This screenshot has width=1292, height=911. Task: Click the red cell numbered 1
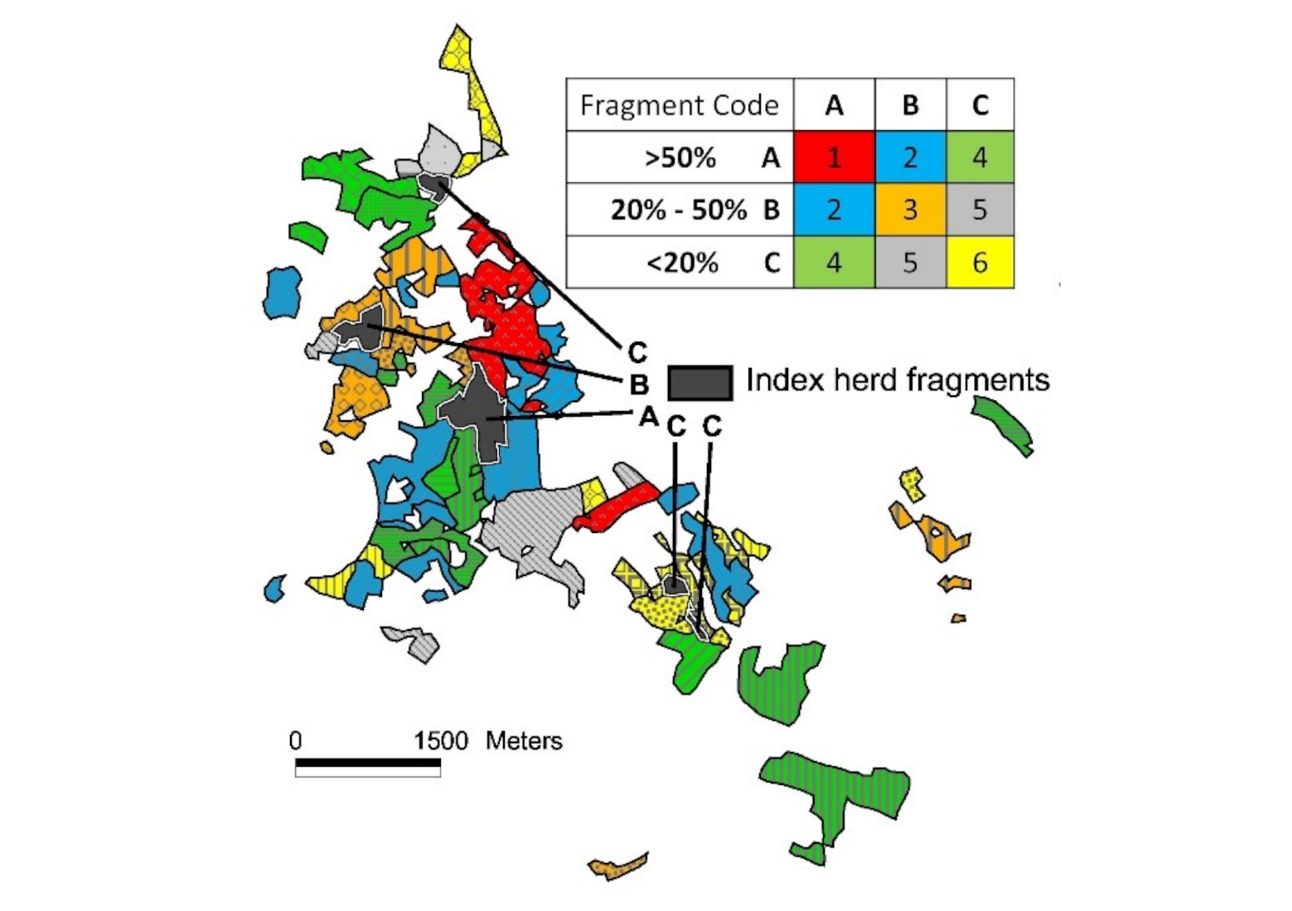(x=834, y=157)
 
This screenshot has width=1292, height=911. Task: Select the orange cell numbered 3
(x=910, y=210)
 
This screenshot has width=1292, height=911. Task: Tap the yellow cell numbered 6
(x=980, y=263)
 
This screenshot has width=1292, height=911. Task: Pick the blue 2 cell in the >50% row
(x=910, y=157)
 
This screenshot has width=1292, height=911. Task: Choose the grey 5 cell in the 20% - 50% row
(x=980, y=210)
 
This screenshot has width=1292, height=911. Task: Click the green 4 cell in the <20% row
(x=834, y=263)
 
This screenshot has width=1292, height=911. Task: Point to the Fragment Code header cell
(x=679, y=105)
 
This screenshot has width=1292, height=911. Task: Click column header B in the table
(x=910, y=105)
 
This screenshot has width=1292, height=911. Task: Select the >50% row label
(x=680, y=157)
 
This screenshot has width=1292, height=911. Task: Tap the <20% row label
(x=681, y=263)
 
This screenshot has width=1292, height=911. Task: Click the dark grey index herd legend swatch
(x=699, y=382)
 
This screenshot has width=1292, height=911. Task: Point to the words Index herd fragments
(x=898, y=380)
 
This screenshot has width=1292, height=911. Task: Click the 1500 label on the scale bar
(x=441, y=740)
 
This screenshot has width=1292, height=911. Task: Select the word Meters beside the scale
(x=524, y=740)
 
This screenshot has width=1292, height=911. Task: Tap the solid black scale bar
(x=367, y=763)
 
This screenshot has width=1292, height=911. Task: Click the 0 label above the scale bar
(x=296, y=740)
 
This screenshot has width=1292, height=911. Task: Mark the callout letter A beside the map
(x=647, y=416)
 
